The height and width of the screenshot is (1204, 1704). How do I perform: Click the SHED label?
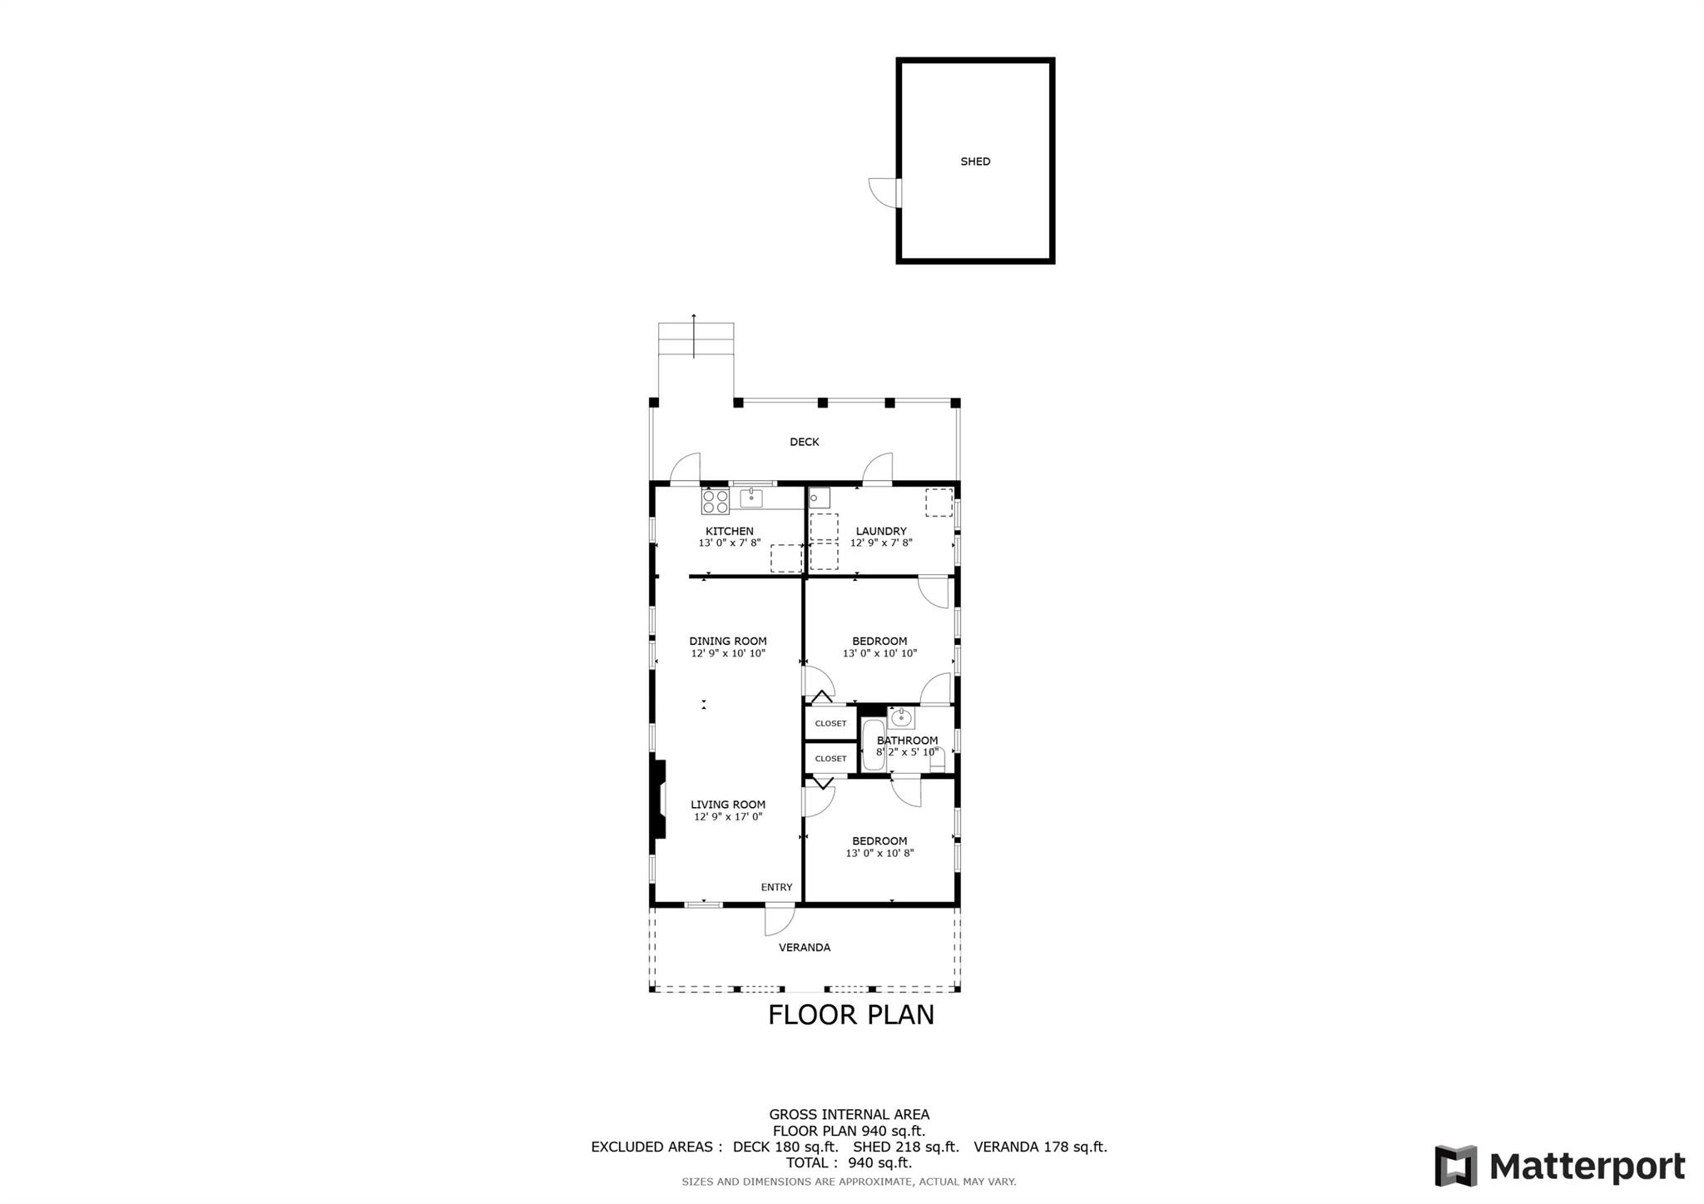click(x=975, y=161)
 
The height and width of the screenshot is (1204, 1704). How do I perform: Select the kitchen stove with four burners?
click(x=716, y=502)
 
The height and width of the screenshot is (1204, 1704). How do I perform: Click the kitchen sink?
click(x=751, y=498)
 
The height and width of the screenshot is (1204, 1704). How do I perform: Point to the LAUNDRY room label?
click(x=881, y=531)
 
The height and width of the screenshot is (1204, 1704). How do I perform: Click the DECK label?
click(x=805, y=442)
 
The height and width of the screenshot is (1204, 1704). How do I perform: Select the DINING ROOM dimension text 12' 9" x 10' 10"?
click(x=728, y=653)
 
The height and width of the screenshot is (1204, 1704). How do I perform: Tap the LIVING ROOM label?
click(x=728, y=805)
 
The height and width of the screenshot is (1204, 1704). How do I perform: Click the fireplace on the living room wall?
click(x=658, y=800)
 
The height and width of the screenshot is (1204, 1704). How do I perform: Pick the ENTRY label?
click(x=776, y=887)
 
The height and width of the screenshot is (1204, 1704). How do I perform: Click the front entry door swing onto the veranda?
click(x=780, y=919)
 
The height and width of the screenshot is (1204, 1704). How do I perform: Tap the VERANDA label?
click(x=805, y=947)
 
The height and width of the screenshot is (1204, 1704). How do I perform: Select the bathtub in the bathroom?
click(x=874, y=745)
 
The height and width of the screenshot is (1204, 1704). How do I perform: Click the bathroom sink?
click(x=901, y=717)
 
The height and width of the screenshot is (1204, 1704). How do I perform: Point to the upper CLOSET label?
click(x=830, y=723)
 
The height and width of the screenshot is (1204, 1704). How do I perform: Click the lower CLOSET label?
click(x=830, y=758)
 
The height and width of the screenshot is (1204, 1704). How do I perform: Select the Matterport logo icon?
click(x=1455, y=1166)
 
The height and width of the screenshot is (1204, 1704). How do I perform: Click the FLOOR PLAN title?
click(x=851, y=1015)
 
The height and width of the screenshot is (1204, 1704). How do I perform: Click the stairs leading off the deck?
click(x=696, y=340)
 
